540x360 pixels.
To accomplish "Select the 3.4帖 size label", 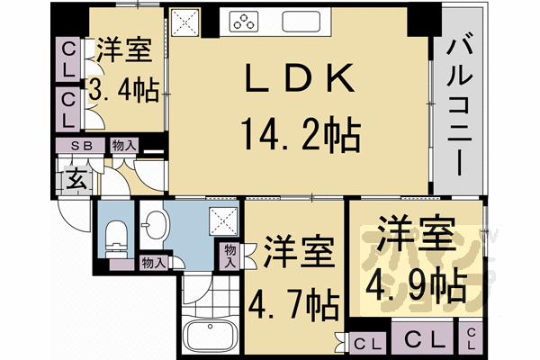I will pyautogui.click(x=124, y=90).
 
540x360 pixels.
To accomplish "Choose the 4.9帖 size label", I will pyautogui.click(x=416, y=286).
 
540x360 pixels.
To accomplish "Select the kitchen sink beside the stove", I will pyautogui.click(x=299, y=20).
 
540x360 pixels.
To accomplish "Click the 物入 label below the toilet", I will pyautogui.click(x=153, y=263).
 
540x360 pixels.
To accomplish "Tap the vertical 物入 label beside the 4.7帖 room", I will pyautogui.click(x=230, y=256).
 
